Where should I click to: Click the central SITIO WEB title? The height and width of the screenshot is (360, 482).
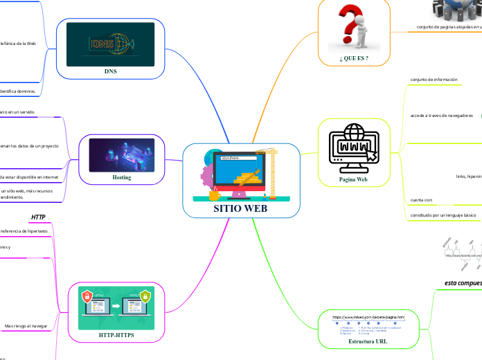(x=241, y=208)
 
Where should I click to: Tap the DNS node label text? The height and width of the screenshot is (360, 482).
(x=110, y=71)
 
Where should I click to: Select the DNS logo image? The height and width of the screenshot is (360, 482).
(x=110, y=45)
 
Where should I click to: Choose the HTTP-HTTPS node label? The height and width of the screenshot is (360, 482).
(x=116, y=335)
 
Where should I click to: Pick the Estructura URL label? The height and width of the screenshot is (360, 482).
(x=368, y=341)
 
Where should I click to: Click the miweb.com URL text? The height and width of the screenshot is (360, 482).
(x=368, y=317)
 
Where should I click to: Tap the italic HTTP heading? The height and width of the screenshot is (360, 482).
(x=39, y=217)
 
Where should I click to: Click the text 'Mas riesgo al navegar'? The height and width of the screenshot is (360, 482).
(x=26, y=325)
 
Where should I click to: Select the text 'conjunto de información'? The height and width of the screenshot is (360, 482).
(x=434, y=80)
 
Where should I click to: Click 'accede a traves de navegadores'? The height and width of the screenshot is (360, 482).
(x=442, y=115)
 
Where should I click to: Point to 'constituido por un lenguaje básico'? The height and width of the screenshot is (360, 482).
(x=444, y=215)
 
